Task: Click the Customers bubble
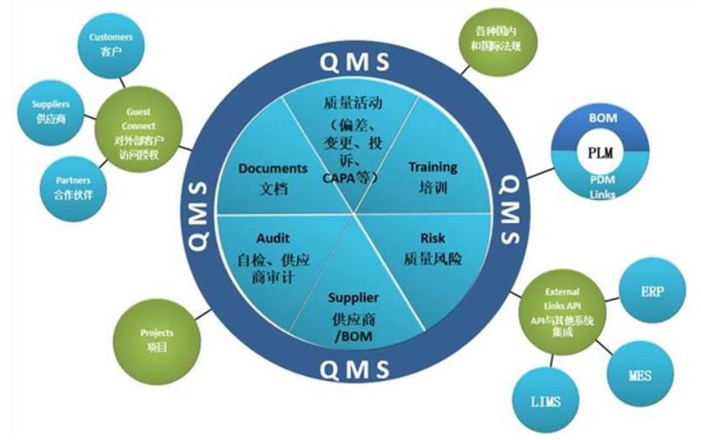point(111,44)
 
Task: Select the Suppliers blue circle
point(52,113)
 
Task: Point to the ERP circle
point(650,292)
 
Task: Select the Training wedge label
point(433,167)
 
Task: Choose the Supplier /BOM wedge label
point(353,299)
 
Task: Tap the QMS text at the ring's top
point(354,62)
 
